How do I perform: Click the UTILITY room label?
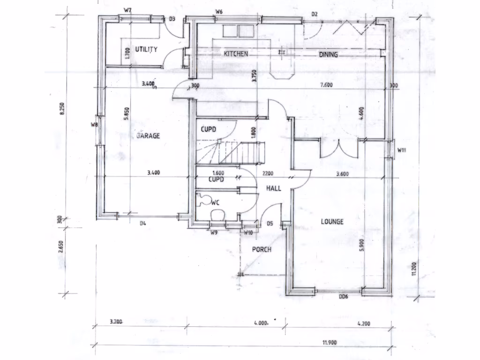[146, 49]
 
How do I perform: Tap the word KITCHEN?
[236, 54]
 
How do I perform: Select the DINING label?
[329, 55]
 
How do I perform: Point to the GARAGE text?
[148, 136]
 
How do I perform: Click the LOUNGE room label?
[332, 221]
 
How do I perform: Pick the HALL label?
[274, 188]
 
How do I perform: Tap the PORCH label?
[262, 249]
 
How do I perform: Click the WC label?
[216, 202]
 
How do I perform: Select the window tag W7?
[127, 10]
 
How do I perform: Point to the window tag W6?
[218, 11]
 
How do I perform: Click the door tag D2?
[315, 14]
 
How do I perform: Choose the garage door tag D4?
[143, 223]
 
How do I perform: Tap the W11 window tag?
[401, 150]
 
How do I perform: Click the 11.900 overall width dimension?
[329, 342]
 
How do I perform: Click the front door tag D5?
[270, 224]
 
